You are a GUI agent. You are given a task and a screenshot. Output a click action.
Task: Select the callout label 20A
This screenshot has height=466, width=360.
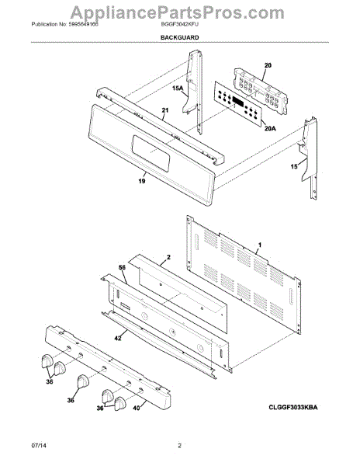click(x=269, y=129)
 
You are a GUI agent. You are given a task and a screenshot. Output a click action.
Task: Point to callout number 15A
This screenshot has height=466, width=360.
click(x=177, y=89)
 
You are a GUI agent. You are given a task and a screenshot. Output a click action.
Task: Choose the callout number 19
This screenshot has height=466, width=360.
click(x=141, y=179)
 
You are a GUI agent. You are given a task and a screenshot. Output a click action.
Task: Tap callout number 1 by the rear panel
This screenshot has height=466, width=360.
click(x=260, y=245)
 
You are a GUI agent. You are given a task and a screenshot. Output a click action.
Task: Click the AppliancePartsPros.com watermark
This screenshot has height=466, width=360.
click(x=179, y=11)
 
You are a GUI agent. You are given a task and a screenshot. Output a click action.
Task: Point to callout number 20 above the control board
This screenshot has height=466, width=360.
click(x=268, y=65)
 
